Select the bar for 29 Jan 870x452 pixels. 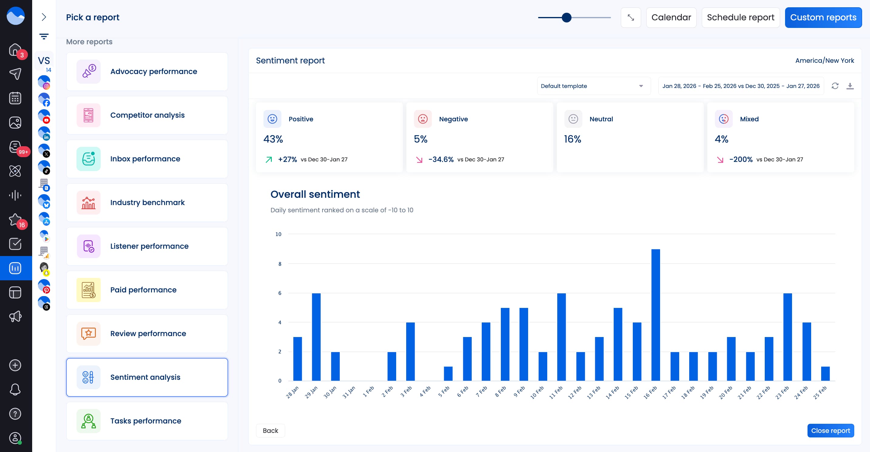[x=316, y=336]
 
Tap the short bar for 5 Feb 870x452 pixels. [x=448, y=373]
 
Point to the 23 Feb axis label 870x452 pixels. [x=782, y=393]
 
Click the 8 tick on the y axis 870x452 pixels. [x=280, y=264]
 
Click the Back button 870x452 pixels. [x=270, y=430]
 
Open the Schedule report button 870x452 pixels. [x=740, y=17]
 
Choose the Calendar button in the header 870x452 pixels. [x=671, y=17]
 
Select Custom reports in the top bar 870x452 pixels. [x=823, y=17]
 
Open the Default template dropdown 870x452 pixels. [x=593, y=86]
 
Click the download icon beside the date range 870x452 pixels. [x=850, y=86]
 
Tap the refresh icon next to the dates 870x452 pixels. [x=835, y=86]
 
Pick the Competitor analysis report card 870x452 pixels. [x=147, y=115]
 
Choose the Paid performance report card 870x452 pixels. [x=147, y=290]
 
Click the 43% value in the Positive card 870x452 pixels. [x=273, y=139]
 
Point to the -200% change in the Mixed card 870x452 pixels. [x=741, y=159]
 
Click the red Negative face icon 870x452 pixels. [x=423, y=119]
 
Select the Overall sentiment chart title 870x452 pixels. [x=315, y=194]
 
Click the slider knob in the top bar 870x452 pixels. [x=566, y=17]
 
